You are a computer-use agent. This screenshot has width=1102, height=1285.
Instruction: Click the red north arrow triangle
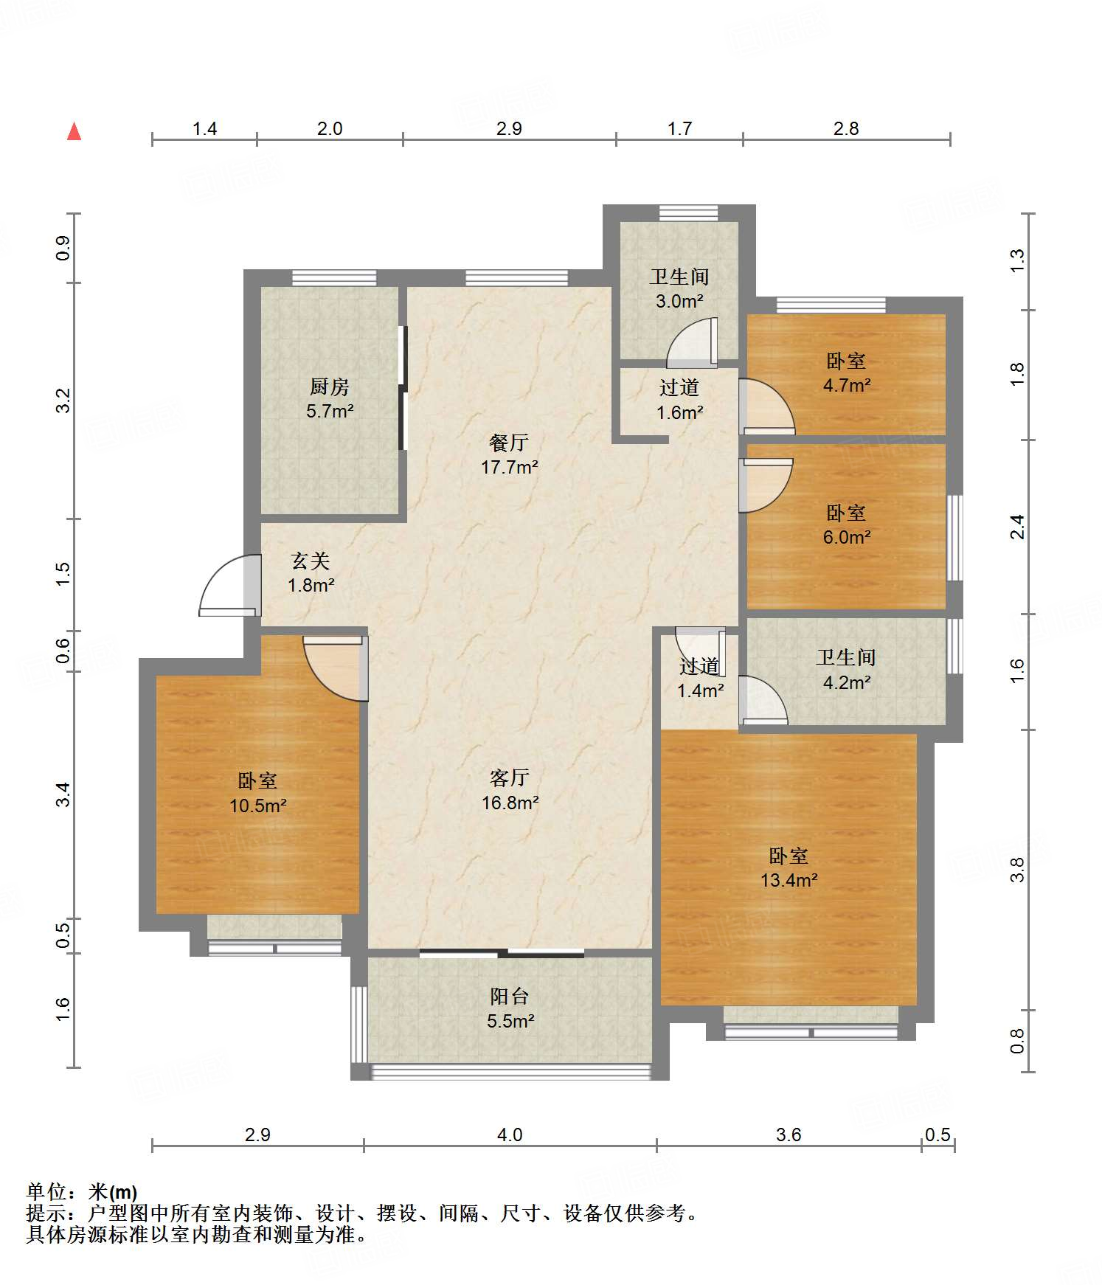pyautogui.click(x=74, y=132)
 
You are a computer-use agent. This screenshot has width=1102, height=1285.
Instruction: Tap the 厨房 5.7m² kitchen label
pyautogui.click(x=330, y=399)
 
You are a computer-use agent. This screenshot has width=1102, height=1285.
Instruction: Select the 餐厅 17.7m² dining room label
pyautogui.click(x=509, y=454)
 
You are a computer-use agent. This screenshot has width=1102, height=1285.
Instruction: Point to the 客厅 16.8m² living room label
pyautogui.click(x=510, y=790)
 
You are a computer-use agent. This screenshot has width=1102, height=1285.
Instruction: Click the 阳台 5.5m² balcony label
pyautogui.click(x=510, y=1008)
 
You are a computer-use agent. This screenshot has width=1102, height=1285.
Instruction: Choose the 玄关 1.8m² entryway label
pyautogui.click(x=311, y=573)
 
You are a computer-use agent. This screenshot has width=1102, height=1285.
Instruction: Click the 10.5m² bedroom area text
pyautogui.click(x=257, y=806)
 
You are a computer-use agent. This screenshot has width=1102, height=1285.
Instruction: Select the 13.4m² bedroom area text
pyautogui.click(x=789, y=879)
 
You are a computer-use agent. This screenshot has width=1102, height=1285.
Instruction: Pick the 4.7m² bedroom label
pyautogui.click(x=846, y=373)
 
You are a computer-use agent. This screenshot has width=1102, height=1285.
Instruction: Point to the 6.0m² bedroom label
pyautogui.click(x=846, y=524)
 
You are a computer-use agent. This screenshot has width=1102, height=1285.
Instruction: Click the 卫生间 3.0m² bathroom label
pyautogui.click(x=679, y=288)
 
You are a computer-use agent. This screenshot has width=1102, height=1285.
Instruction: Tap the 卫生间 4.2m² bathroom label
pyautogui.click(x=846, y=670)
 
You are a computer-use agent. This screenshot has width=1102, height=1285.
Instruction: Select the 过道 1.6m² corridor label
pyautogui.click(x=679, y=400)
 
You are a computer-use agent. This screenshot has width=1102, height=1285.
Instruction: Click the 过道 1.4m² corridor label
pyautogui.click(x=700, y=679)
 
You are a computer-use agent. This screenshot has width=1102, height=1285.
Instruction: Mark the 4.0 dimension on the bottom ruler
pyautogui.click(x=510, y=1135)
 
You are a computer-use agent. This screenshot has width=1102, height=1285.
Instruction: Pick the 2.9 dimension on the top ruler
pyautogui.click(x=509, y=128)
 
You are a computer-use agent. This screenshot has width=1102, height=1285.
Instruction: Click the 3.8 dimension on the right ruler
pyautogui.click(x=1018, y=870)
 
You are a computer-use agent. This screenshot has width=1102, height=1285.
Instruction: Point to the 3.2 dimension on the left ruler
pyautogui.click(x=63, y=401)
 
